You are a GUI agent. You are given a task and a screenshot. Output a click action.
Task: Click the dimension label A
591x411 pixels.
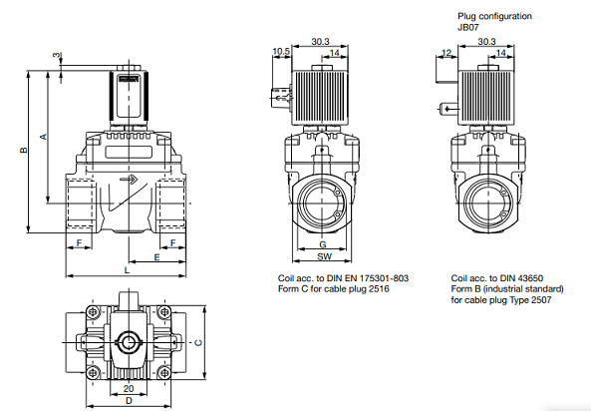point(43,136)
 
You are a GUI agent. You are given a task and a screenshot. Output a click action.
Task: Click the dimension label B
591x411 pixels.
point(23,150)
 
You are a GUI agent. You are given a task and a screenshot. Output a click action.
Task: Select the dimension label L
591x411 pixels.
point(127,270)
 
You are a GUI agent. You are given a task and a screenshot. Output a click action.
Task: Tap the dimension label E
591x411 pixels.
point(157,257)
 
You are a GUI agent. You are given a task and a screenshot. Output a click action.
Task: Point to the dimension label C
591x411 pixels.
point(198,343)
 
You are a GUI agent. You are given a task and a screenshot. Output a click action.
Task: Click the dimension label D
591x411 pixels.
point(129,400)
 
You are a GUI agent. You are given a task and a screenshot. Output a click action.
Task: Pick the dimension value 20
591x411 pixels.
point(129,388)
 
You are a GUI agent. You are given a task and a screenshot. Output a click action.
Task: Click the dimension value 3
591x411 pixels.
point(56,55)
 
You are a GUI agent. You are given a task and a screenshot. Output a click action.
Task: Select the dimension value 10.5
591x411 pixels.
point(282,51)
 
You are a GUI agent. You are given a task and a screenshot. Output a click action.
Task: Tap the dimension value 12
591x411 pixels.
point(446,53)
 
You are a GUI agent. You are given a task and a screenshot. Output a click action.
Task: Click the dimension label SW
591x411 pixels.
point(325,256)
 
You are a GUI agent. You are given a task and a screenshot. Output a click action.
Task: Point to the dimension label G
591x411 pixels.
point(323,244)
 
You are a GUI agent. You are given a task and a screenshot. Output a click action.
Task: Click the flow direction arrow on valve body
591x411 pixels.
point(130,180)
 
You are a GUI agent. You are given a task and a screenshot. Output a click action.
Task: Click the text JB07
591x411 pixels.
point(468,27)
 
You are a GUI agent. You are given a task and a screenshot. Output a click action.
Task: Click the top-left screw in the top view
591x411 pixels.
point(93,311)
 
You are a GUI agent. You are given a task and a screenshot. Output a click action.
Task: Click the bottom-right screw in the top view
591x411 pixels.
point(164,373)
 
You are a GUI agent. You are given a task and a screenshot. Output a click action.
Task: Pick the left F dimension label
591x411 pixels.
point(79,243)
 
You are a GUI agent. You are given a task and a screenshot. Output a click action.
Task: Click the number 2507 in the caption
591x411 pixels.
point(540,300)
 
